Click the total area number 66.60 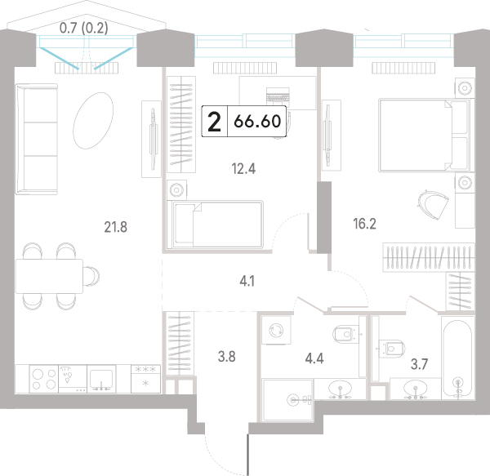(257, 121)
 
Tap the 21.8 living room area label (116, 227)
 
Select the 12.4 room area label (243, 169)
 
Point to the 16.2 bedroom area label (364, 224)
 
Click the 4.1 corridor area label (247, 282)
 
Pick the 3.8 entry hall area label (226, 356)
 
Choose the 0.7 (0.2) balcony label (84, 28)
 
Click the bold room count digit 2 (214, 122)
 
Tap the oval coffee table (93, 121)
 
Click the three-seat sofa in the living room (37, 139)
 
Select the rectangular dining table (49, 276)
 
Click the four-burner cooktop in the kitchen (44, 379)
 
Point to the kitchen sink (101, 379)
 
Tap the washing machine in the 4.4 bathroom (276, 330)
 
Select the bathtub (458, 358)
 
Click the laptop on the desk (278, 94)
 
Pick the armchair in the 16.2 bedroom (433, 204)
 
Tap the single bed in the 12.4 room (215, 225)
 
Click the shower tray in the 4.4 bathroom (287, 399)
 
